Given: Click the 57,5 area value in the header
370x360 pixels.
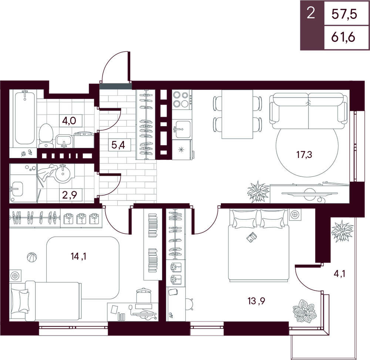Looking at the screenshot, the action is (x=344, y=14).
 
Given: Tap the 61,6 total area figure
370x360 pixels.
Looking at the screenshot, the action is (x=343, y=37).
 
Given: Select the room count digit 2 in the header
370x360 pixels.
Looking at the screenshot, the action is (x=311, y=13).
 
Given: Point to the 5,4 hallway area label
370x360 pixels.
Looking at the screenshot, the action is (x=118, y=145).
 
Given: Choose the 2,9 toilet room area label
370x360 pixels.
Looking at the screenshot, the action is (x=70, y=195).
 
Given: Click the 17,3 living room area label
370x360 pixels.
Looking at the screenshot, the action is (x=305, y=155).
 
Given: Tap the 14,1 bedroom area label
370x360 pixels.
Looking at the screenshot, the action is (x=78, y=256).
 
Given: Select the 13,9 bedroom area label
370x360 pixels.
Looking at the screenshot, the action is (x=256, y=301).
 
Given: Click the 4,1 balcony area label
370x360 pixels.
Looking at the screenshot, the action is (x=340, y=274).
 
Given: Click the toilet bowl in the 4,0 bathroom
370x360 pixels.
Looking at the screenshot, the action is (x=46, y=135).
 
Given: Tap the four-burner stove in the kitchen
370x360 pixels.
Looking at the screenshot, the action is (x=182, y=100).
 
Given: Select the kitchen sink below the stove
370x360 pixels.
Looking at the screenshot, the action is (x=181, y=129).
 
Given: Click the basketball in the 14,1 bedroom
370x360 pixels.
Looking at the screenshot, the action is (x=32, y=257).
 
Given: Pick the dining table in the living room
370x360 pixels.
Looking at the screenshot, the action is (x=237, y=114).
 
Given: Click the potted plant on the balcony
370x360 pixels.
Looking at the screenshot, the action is (x=342, y=231).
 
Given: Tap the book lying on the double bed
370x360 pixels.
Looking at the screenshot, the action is (x=252, y=237).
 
